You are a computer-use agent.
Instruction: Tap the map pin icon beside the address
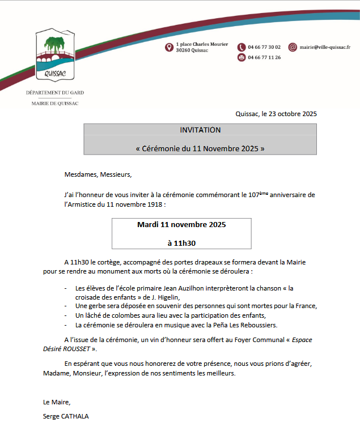coord(169,47)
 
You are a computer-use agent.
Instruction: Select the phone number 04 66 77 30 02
coord(264,47)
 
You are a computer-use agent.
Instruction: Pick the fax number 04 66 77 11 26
coord(264,57)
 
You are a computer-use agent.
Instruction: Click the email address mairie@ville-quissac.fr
coord(325,47)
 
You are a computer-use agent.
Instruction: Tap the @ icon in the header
coord(293,47)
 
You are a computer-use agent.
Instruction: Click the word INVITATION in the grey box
coord(200,130)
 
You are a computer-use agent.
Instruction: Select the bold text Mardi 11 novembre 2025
coord(181,225)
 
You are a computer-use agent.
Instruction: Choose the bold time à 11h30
coord(181,244)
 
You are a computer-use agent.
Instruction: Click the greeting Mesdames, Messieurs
coord(98,174)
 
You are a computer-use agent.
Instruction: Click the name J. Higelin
coord(163,297)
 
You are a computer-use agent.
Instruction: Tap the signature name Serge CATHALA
coord(66,416)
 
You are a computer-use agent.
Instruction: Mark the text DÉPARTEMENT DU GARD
coord(54,92)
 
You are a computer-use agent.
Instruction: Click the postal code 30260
coord(183,50)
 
